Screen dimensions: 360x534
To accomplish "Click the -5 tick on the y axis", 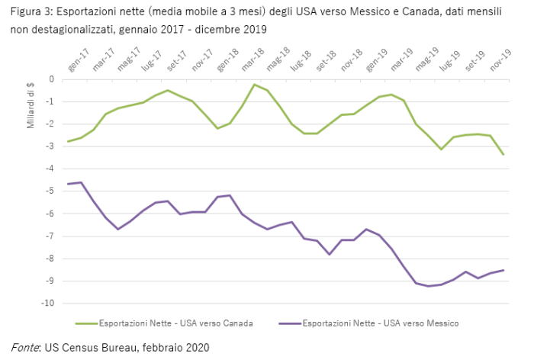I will click(50, 191).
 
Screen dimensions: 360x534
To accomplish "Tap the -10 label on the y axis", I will click(47, 304).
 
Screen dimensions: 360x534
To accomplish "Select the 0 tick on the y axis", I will click(52, 79).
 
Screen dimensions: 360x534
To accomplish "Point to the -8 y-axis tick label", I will click(50, 259).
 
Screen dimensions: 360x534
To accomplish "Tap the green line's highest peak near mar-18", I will click(254, 85).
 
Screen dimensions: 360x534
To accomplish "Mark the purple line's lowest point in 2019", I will click(429, 286).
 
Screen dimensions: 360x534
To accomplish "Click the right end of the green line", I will click(503, 155).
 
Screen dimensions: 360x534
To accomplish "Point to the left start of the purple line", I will click(68, 184).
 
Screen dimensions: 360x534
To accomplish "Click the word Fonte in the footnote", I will click(24, 347).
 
